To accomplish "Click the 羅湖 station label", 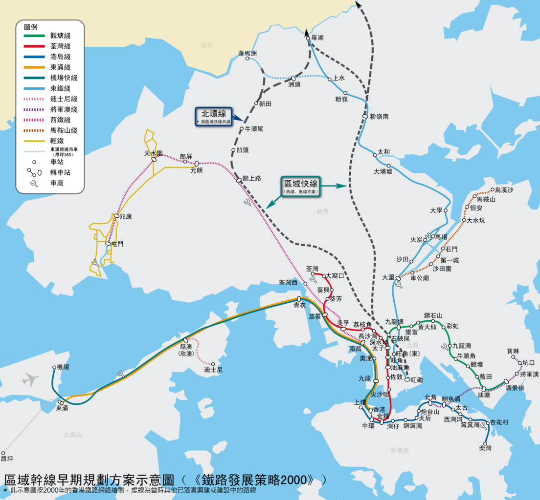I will click(317, 38).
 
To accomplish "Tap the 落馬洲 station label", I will click(247, 53).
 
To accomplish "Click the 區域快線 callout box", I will click(301, 186).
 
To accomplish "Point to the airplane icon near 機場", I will click(30, 379).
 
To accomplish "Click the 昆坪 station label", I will click(7, 459).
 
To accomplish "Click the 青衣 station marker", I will click(299, 298).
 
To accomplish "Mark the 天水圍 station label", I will click(153, 153).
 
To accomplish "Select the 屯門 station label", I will click(117, 244).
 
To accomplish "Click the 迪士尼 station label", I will click(213, 371).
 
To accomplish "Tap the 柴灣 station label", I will click(485, 448).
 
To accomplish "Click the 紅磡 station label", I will click(417, 379).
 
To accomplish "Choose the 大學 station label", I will click(436, 210).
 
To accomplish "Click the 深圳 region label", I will click(206, 45).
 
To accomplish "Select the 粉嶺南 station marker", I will click(365, 116).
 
